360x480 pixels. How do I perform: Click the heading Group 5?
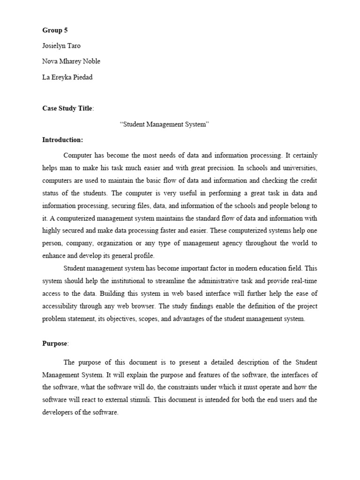point(55,30)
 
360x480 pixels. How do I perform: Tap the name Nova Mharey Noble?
point(71,61)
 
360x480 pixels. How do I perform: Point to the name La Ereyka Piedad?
point(67,77)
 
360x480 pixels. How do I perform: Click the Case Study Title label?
point(67,108)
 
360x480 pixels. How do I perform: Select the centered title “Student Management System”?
point(165,124)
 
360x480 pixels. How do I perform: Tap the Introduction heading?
point(62,140)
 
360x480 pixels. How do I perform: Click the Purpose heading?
point(55,344)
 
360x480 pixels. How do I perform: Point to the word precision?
point(216,167)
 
